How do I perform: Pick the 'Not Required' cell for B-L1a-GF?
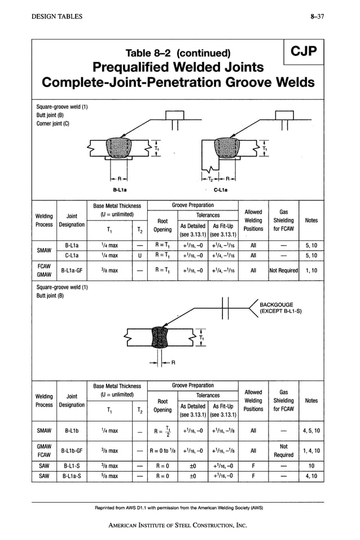coord(283,270)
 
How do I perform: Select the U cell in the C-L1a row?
coord(138,256)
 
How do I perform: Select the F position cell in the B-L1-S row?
coord(253,466)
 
